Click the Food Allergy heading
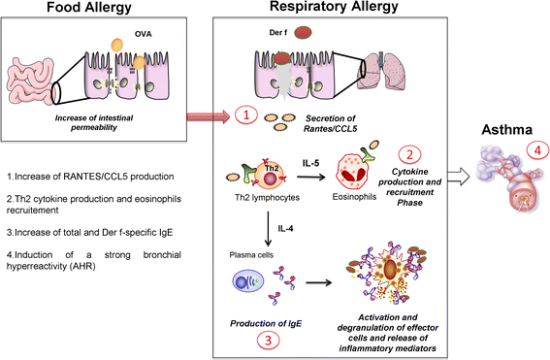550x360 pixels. (x=89, y=7)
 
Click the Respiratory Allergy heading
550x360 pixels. (x=334, y=7)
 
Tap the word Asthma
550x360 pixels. (x=507, y=130)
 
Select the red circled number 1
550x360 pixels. (x=246, y=115)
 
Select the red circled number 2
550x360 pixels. (x=409, y=154)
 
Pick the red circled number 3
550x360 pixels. (x=269, y=340)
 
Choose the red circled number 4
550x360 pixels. (x=537, y=150)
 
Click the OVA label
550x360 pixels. (x=144, y=34)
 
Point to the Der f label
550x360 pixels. (x=278, y=33)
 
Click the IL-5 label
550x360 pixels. (x=310, y=163)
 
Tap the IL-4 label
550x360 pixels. (x=285, y=229)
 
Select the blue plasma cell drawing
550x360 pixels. (x=248, y=281)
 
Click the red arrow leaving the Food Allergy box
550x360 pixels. (x=208, y=116)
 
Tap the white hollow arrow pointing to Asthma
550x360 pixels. (x=459, y=177)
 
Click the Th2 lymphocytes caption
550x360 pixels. (x=268, y=198)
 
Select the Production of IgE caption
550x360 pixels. (x=266, y=323)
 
